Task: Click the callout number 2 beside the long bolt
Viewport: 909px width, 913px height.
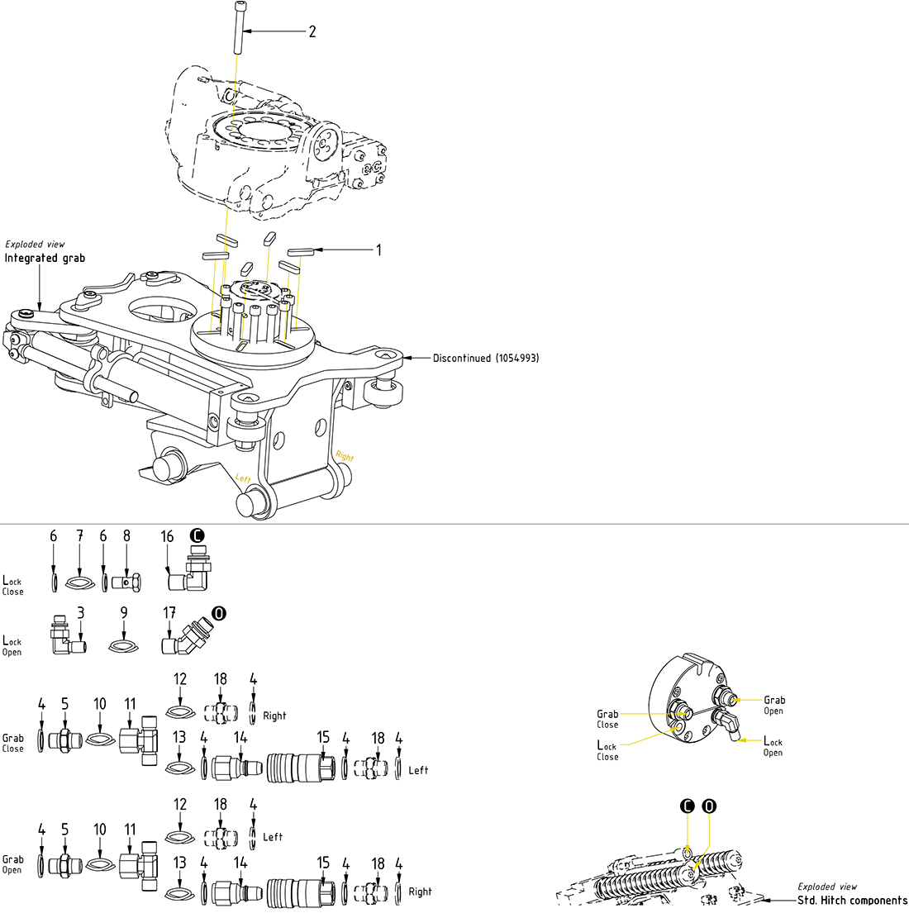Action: tap(312, 31)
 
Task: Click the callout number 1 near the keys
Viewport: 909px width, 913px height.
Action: tap(379, 250)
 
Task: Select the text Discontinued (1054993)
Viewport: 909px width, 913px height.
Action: tap(486, 359)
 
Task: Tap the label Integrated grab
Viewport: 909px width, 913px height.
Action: tap(45, 258)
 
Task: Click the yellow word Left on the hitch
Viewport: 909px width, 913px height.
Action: tap(243, 478)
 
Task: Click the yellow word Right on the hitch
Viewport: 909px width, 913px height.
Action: tap(344, 457)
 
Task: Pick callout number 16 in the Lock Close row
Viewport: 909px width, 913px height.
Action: tap(167, 537)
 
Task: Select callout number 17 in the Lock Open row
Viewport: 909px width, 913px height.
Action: tap(169, 613)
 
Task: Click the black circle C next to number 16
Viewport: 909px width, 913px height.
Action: tap(197, 535)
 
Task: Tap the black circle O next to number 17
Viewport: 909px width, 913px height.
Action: tap(218, 613)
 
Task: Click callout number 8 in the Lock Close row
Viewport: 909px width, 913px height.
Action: tap(126, 536)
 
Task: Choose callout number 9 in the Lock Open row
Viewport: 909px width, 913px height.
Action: tap(123, 613)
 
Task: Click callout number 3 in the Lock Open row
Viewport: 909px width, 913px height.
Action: tap(80, 613)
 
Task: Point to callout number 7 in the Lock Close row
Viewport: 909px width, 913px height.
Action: tap(79, 536)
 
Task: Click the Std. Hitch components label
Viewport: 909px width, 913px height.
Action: tap(852, 900)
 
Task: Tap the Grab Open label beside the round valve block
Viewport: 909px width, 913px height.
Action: tap(774, 705)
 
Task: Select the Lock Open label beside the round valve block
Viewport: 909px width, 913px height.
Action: tap(773, 746)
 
